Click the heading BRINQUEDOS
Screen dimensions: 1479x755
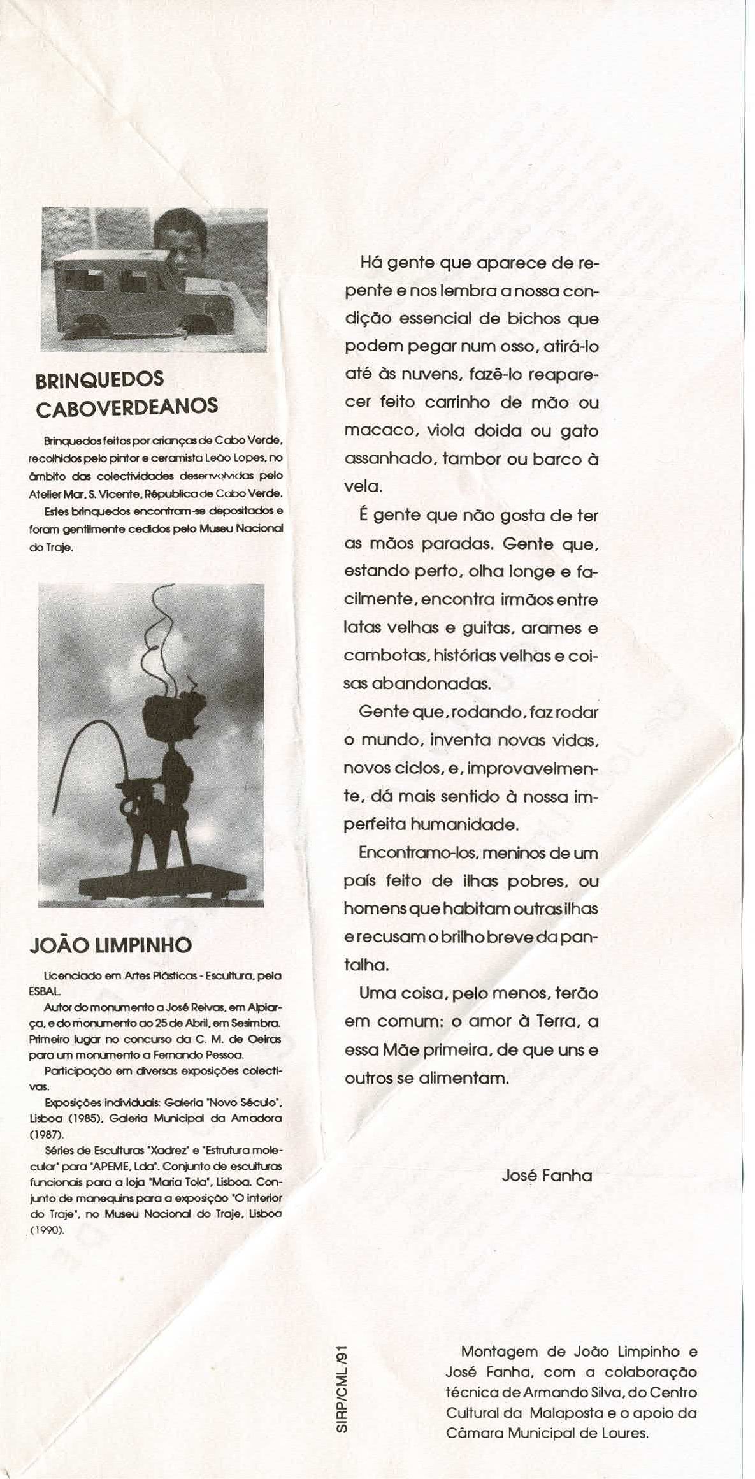99,379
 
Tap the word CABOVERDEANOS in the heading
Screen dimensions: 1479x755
127,407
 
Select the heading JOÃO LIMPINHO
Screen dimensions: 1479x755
110,945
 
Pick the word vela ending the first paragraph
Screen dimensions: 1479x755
362,487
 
